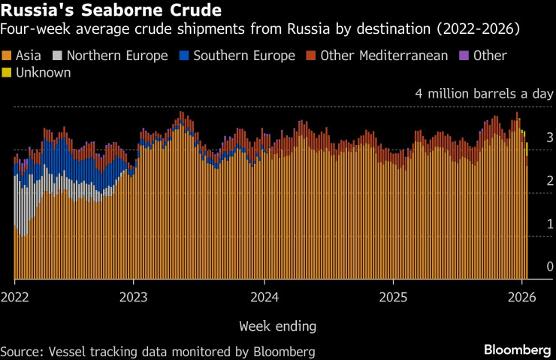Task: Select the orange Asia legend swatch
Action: point(7,56)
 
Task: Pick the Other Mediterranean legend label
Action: point(384,56)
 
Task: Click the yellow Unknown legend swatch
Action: point(7,73)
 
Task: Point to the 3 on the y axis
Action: point(529,138)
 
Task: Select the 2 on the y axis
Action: point(529,180)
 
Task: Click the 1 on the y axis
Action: point(529,224)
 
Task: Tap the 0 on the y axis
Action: point(529,267)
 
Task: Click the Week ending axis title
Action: point(277,326)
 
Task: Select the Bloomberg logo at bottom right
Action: point(517,350)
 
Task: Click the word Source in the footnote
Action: point(20,351)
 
